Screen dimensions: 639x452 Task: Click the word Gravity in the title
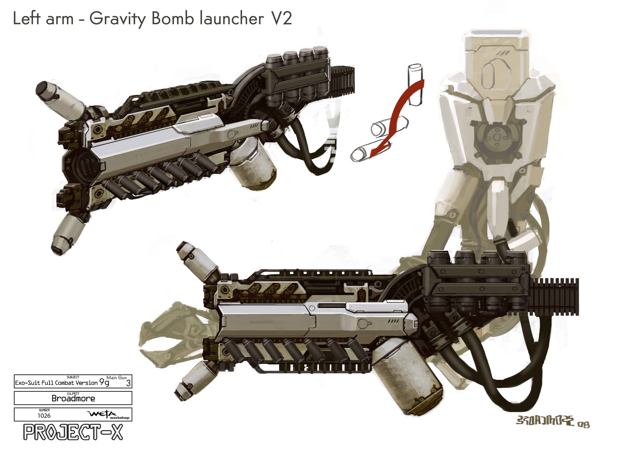point(117,19)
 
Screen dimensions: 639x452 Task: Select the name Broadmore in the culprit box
point(73,398)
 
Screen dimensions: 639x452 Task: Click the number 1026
point(44,416)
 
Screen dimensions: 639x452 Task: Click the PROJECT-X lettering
point(73,432)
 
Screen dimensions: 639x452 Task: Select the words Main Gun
point(116,378)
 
